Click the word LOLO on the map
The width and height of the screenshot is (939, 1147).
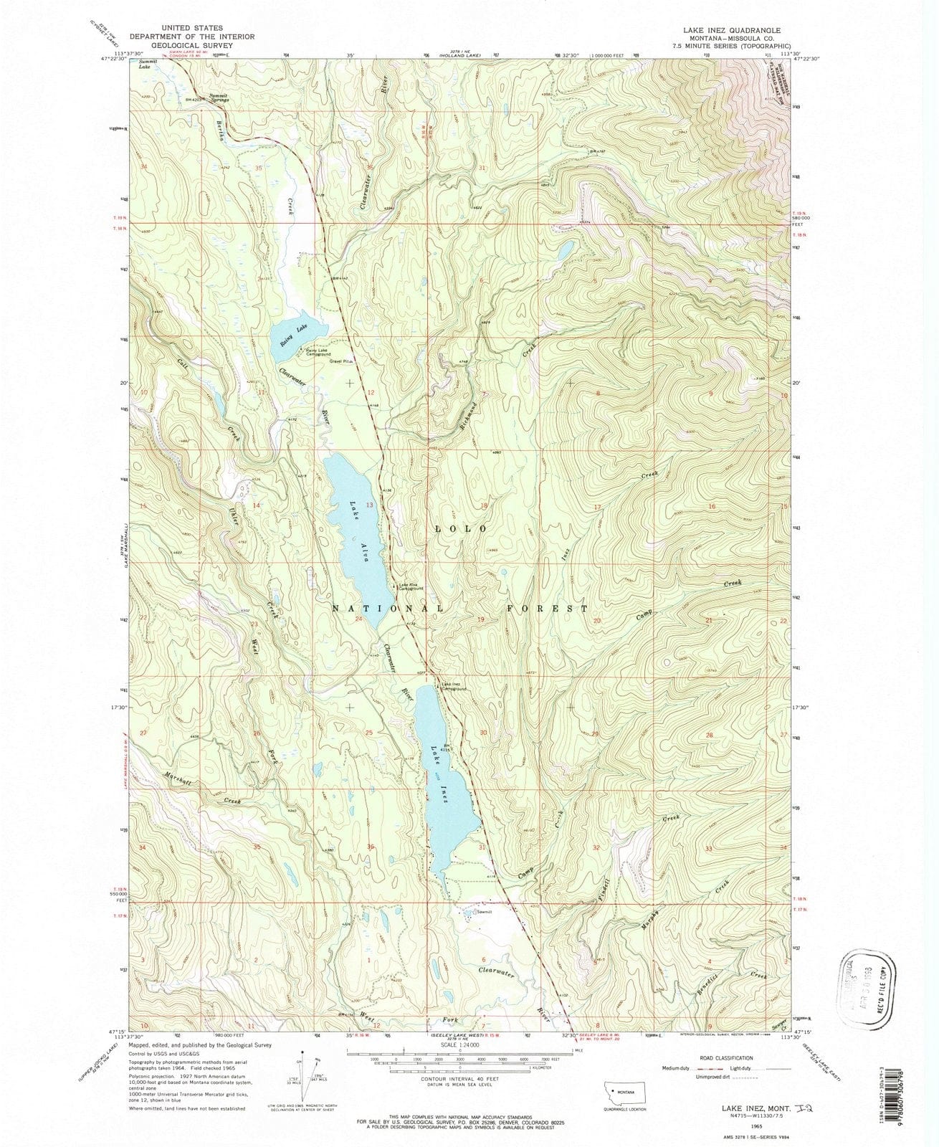pyautogui.click(x=462, y=528)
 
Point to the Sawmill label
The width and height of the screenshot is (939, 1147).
pyautogui.click(x=488, y=911)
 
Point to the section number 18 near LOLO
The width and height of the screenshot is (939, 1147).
pyautogui.click(x=484, y=506)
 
